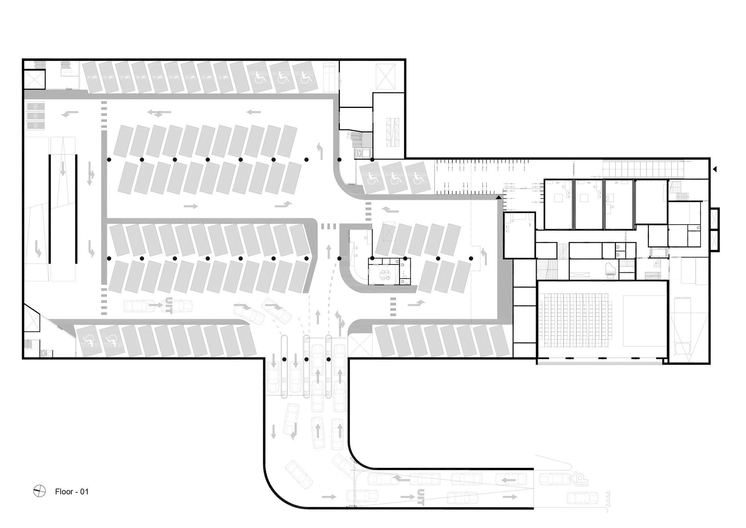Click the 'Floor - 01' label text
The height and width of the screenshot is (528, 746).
tap(72, 491)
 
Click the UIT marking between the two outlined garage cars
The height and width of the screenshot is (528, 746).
tap(169, 306)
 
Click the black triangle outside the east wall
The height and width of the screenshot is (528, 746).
tap(715, 169)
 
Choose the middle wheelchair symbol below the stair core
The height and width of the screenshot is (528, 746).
tap(395, 179)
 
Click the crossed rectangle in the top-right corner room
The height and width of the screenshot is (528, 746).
tap(385, 77)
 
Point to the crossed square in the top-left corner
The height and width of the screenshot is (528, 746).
tap(35, 79)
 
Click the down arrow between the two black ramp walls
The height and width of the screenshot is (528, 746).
tap(63, 169)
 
